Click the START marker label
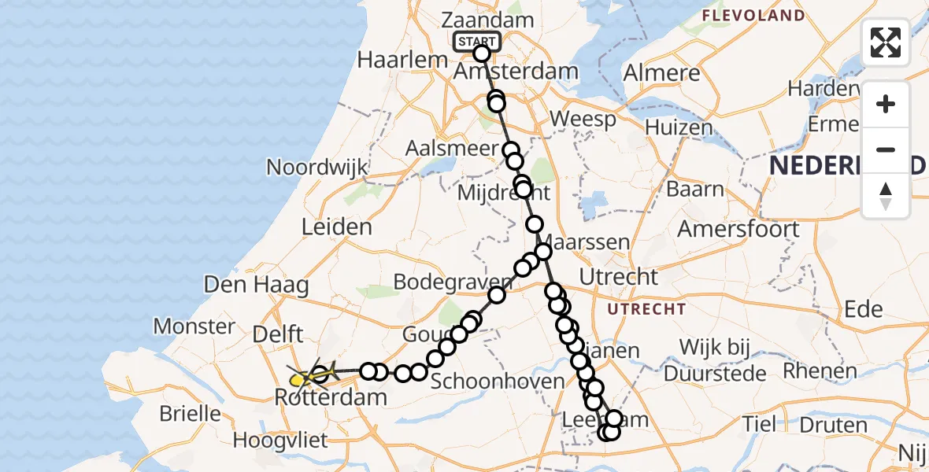click(477, 42)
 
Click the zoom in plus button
click(886, 104)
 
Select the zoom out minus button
click(886, 149)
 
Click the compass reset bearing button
click(886, 195)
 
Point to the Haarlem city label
click(397, 60)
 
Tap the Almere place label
click(661, 74)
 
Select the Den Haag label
click(257, 284)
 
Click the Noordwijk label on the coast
click(317, 167)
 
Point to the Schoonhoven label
click(498, 381)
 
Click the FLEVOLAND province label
click(753, 16)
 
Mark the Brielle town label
click(190, 412)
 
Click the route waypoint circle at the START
click(482, 53)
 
